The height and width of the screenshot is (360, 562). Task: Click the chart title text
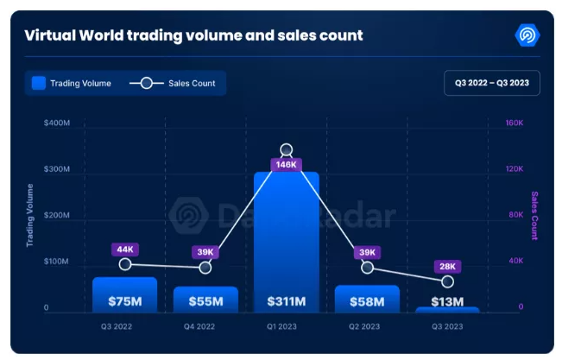tap(193, 36)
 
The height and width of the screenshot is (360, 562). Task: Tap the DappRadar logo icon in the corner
tap(526, 35)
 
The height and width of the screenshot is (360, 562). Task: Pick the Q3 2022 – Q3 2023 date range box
tap(491, 83)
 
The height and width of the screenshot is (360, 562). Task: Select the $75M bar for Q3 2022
tap(125, 295)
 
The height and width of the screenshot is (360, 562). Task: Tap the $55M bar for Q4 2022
tap(205, 300)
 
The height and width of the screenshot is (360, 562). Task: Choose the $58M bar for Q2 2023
tap(367, 299)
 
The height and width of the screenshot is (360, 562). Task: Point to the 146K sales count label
tap(286, 164)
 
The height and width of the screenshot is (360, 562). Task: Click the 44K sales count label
tap(125, 249)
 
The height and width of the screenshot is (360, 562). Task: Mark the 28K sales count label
tap(447, 267)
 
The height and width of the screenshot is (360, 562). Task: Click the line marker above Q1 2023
tap(287, 150)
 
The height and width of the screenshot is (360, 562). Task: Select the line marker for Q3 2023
tap(447, 281)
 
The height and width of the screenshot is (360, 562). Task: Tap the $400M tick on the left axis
tap(57, 123)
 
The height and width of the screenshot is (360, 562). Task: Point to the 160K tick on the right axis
tap(515, 123)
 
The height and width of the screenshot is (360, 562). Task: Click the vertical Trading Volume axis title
tap(30, 215)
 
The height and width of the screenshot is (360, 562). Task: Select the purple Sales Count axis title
tap(534, 215)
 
